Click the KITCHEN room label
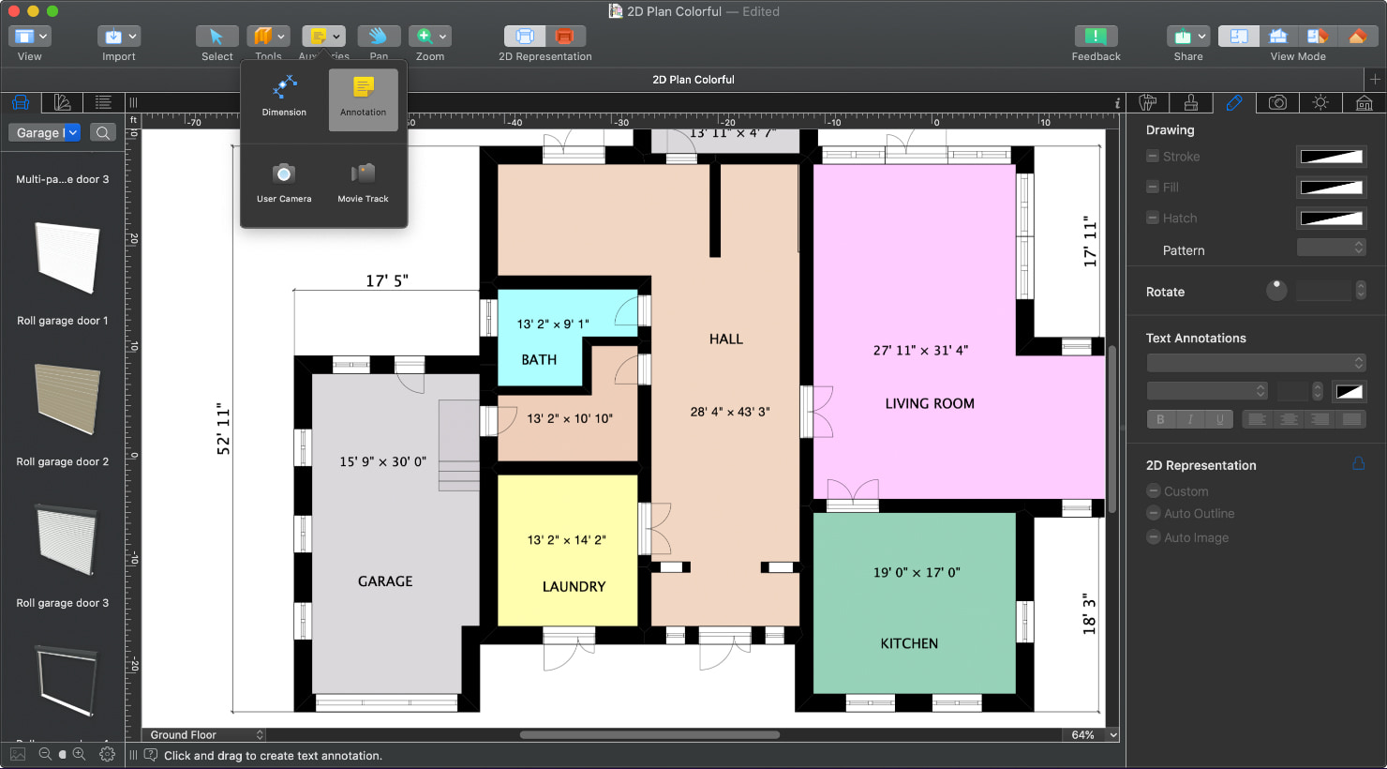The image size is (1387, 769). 908,643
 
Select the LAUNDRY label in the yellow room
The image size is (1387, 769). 574,586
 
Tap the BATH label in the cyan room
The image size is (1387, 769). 539,359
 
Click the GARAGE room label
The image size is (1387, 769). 384,581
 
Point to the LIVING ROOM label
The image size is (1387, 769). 929,403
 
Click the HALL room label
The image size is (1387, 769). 725,339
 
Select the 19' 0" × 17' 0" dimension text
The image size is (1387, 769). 917,572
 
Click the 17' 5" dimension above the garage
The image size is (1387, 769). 387,280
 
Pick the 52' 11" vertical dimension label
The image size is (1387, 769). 223,430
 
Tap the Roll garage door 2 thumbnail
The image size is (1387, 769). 66,400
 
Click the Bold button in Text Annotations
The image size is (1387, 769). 1160,419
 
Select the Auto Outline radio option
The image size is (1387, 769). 1154,513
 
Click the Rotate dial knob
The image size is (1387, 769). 1276,290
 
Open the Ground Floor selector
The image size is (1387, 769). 205,734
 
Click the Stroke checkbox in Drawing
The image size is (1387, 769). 1153,157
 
